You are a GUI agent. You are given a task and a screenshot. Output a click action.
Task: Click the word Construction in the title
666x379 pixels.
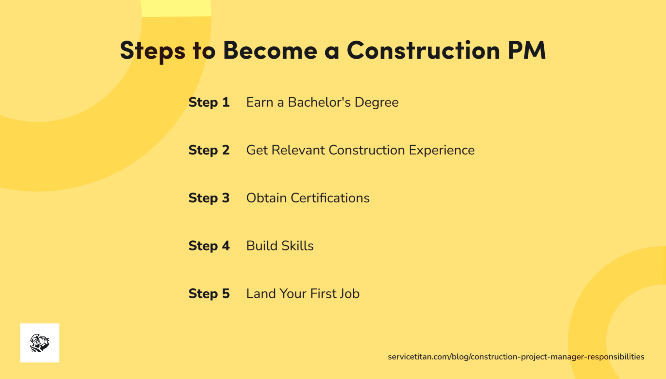pos(423,51)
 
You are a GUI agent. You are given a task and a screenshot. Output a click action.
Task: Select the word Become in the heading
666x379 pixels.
pos(270,51)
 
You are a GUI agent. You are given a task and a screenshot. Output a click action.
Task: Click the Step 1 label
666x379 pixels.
pos(209,102)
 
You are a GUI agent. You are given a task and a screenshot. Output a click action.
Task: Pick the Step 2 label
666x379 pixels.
pos(209,150)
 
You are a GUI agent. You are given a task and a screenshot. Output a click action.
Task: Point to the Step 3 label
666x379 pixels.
pos(209,198)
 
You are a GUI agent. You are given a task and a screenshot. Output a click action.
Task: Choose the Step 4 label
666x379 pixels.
pos(209,246)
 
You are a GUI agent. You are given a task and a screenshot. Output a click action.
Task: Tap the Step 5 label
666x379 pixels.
pos(209,294)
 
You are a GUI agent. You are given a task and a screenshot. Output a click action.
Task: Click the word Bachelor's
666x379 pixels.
pos(319,102)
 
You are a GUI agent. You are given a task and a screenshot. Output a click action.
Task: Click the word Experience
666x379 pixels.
pos(441,151)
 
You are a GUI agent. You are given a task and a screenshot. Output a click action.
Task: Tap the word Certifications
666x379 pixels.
pos(330,198)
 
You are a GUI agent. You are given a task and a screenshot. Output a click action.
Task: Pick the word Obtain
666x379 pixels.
pos(266,198)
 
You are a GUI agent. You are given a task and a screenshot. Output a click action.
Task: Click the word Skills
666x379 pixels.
pos(298,246)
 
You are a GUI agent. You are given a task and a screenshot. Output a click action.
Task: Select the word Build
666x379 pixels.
pos(262,246)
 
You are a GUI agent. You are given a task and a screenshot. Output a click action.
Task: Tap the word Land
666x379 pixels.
pos(261,294)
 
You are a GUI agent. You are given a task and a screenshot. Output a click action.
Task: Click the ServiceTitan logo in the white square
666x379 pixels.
pos(40,343)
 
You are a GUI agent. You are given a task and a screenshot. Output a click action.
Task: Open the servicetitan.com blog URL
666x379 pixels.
pos(516,357)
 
